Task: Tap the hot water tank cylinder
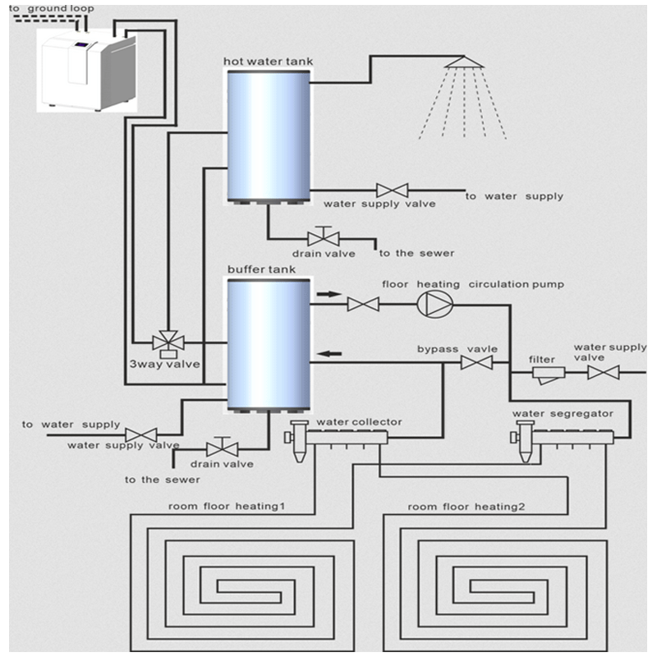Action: click(x=269, y=136)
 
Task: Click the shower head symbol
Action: click(x=463, y=64)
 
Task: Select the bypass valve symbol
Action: click(x=476, y=362)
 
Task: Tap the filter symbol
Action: click(x=545, y=374)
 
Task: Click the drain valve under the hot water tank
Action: click(x=323, y=238)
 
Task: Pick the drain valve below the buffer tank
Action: click(x=222, y=448)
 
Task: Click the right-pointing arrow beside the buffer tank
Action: click(x=328, y=292)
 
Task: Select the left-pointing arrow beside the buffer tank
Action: click(x=329, y=354)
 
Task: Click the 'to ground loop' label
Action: click(x=51, y=9)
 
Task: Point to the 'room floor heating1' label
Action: click(x=227, y=506)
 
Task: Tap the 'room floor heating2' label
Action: click(x=466, y=506)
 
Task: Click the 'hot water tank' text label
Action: click(x=268, y=62)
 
